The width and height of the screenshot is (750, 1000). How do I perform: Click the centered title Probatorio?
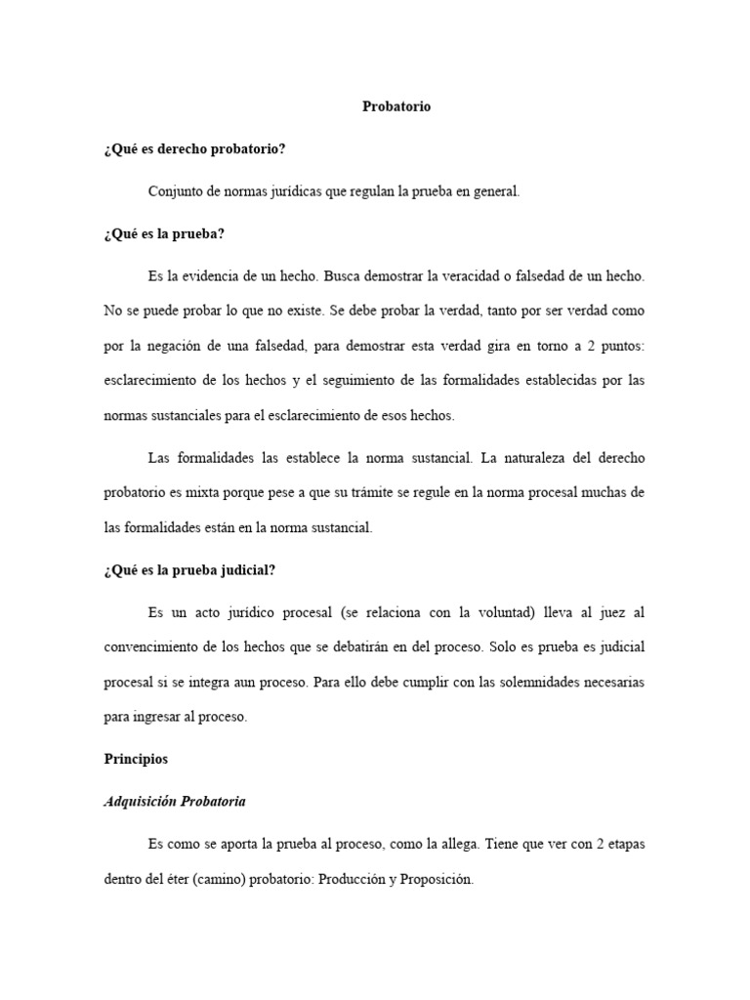[396, 106]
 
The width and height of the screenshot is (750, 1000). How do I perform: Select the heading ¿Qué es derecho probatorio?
[194, 149]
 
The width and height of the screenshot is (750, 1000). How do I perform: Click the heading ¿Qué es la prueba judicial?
[195, 570]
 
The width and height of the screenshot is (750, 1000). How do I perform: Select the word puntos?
[619, 346]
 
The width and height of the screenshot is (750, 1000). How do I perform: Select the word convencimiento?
[156, 647]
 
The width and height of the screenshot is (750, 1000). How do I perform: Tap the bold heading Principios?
[136, 759]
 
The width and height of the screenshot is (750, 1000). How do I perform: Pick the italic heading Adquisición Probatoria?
[175, 802]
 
